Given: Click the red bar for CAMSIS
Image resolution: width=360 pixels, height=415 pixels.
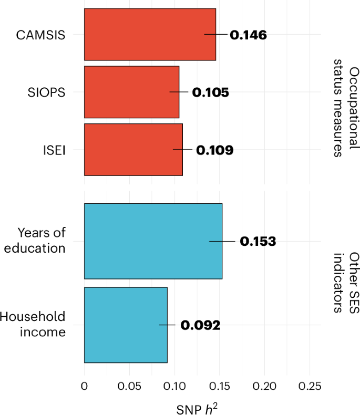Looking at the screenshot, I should click(150, 34).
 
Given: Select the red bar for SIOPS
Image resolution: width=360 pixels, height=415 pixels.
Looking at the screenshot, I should click(131, 92).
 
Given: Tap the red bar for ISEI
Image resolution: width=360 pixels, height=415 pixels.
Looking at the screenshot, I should click(133, 150).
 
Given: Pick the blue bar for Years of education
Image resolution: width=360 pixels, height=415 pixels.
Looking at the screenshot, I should click(153, 241).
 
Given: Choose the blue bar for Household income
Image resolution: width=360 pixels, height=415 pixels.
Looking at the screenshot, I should click(126, 325).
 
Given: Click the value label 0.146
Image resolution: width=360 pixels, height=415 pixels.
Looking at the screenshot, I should click(249, 35).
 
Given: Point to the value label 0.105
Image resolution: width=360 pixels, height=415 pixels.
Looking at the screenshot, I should click(210, 92).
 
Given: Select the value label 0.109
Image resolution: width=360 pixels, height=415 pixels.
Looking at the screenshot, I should click(214, 150).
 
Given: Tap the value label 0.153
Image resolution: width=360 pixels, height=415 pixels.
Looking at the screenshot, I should click(258, 242).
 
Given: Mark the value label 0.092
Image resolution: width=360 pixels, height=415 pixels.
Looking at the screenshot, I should click(200, 325).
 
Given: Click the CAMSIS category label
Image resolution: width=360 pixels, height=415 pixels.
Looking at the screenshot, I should click(41, 35).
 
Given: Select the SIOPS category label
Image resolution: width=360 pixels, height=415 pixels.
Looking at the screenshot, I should click(46, 92).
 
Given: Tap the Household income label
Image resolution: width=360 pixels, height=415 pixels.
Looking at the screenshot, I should click(33, 325).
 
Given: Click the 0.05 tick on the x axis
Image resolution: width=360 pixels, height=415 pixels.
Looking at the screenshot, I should click(129, 386).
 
